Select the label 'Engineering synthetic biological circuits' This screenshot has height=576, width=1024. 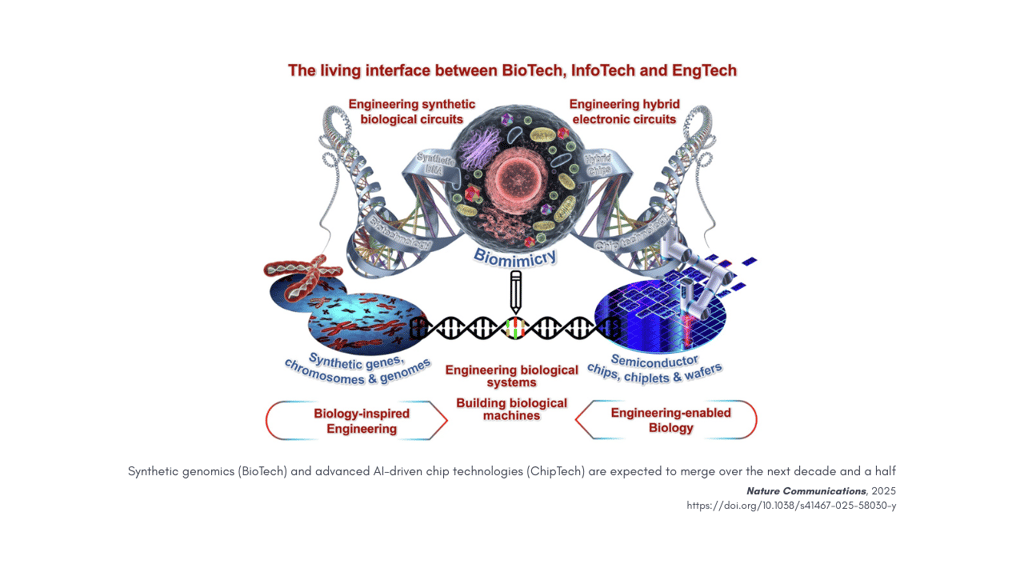point(411,112)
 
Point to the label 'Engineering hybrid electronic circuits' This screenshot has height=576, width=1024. point(622,112)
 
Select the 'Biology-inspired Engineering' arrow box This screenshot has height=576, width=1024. point(356,421)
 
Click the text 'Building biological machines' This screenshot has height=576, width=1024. point(512,409)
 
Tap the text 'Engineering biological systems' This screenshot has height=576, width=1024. point(512,376)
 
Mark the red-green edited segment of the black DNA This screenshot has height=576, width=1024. point(516,328)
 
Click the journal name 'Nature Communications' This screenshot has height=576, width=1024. point(806,491)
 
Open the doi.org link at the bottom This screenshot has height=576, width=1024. point(791,506)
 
